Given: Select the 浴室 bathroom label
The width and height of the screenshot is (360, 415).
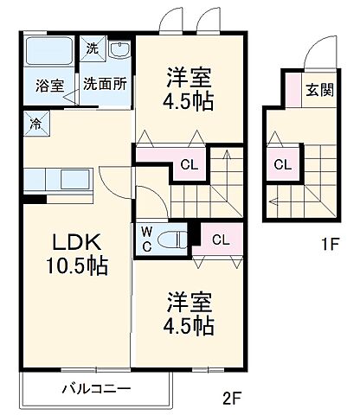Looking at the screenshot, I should (x=49, y=85).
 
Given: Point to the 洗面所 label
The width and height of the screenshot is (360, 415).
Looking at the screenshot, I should (x=106, y=85).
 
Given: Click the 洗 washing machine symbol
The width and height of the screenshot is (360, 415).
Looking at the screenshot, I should (x=92, y=48).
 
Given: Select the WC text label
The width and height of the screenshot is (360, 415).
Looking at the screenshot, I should (x=145, y=238).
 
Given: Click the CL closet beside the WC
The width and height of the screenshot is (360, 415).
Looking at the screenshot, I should (x=220, y=239).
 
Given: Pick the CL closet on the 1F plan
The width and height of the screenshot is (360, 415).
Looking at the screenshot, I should (x=282, y=164).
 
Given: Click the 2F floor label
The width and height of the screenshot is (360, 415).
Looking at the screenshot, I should (x=229, y=399).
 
